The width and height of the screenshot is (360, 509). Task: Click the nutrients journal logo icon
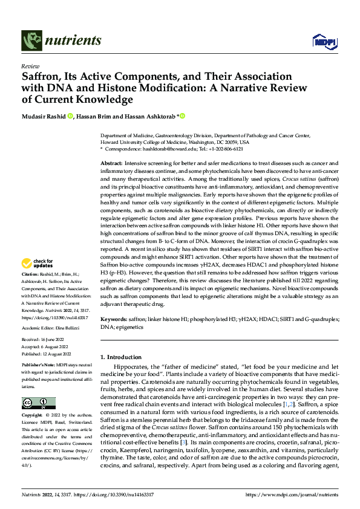pyautogui.click(x=31, y=41)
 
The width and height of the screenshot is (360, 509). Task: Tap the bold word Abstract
pyautogui.click(x=111, y=164)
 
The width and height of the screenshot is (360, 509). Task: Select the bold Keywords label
pyautogui.click(x=114, y=319)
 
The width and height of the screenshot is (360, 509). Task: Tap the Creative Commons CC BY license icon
pyautogui.click(x=38, y=403)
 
